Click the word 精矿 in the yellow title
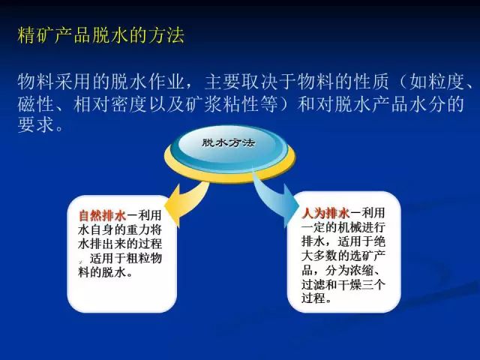pyautogui.click(x=36, y=35)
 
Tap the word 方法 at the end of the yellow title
pyautogui.click(x=166, y=35)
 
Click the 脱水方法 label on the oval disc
pyautogui.click(x=228, y=142)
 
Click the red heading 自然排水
pyautogui.click(x=102, y=215)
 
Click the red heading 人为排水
pyautogui.click(x=325, y=213)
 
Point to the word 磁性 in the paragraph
pyautogui.click(x=36, y=104)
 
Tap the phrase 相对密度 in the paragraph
pyautogui.click(x=111, y=104)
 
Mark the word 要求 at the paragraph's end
pyautogui.click(x=36, y=125)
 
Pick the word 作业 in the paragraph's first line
pyautogui.click(x=166, y=82)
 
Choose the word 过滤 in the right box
pyautogui.click(x=313, y=285)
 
